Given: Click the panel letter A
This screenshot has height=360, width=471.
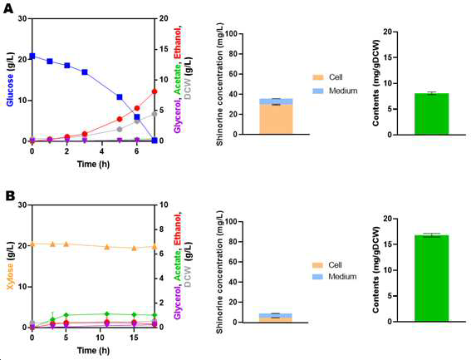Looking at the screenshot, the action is [8, 8].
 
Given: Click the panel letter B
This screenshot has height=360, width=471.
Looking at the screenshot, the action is [10, 196].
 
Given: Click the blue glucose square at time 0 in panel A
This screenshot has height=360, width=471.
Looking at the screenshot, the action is [32, 57].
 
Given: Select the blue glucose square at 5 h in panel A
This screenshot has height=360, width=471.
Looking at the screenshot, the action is [120, 96].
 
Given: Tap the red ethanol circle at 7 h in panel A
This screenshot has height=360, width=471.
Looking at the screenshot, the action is [155, 91].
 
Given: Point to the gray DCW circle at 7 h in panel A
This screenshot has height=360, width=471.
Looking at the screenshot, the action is [155, 114].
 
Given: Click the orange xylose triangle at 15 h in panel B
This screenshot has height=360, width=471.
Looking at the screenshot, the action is [135, 248].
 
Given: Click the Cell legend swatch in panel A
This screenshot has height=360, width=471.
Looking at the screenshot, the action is [318, 77].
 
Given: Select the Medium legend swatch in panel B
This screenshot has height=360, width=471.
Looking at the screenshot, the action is [318, 276].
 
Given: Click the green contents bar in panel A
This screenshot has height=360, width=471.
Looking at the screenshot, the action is [431, 114].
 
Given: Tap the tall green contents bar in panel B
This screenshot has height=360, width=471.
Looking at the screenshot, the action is [431, 279].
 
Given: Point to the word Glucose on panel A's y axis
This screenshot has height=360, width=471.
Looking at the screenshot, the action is [10, 90].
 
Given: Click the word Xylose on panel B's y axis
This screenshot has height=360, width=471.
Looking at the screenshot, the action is [10, 276].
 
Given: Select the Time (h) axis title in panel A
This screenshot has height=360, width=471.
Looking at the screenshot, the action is [93, 165].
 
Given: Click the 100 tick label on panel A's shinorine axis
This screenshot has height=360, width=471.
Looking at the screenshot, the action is [230, 34].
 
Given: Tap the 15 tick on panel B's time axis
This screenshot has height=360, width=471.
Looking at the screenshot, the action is [134, 338].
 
